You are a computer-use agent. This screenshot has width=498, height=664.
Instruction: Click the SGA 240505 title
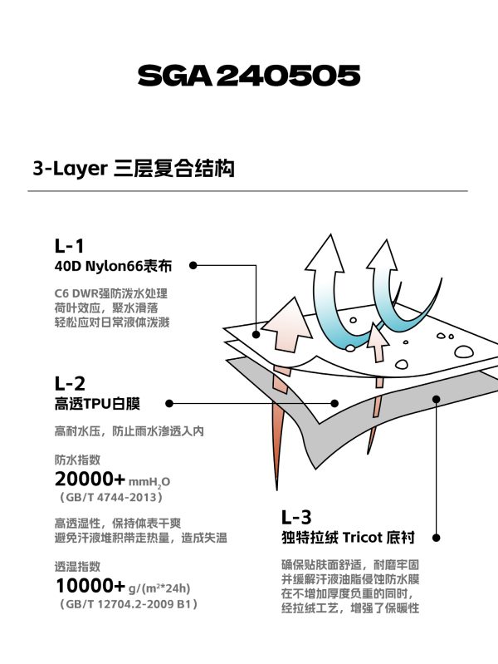pos(249,76)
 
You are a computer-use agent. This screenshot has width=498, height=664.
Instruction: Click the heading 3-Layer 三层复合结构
pos(134,169)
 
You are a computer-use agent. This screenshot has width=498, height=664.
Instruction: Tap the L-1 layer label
pos(70,246)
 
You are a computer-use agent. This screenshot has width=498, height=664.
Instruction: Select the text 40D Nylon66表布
pos(114,267)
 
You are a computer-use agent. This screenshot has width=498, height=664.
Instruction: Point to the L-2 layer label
pos(70,384)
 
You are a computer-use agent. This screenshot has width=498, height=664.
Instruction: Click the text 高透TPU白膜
pos(97,404)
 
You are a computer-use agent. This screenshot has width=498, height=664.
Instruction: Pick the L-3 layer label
pos(296,517)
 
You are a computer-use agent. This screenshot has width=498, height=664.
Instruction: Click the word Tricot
pos(363,538)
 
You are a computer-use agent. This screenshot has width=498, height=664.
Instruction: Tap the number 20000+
pos(90,480)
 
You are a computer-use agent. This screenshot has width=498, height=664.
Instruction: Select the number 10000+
pos(90,586)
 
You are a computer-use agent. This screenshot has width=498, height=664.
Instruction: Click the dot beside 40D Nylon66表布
pos(193,265)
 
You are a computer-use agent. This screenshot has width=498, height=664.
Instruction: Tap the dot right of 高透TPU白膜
pos(169,404)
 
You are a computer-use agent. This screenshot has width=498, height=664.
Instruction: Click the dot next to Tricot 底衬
pos(437,538)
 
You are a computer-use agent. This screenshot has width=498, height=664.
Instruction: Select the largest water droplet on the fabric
pos(464,352)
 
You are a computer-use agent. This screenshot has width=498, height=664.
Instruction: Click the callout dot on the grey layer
pos(437,399)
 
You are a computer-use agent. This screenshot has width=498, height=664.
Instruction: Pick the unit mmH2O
pos(149,482)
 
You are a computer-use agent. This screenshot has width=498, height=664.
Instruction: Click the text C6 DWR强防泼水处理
pos(111,293)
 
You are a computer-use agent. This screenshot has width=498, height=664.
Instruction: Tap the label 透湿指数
pos(77,567)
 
